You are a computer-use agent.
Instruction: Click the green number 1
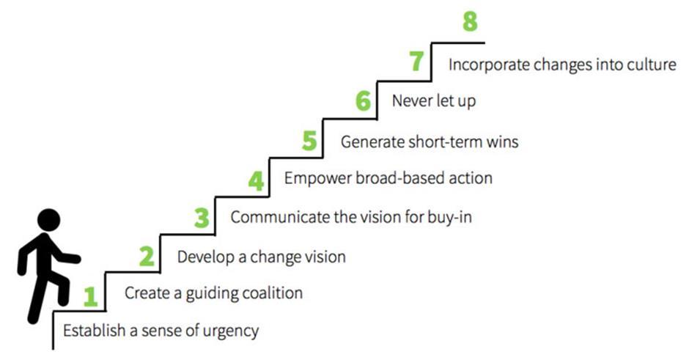(91, 296)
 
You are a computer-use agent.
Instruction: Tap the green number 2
(147, 257)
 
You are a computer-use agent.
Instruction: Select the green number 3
(202, 218)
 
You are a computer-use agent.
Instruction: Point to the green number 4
(256, 180)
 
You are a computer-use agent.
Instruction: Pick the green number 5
(310, 141)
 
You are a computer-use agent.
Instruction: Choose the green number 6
(364, 101)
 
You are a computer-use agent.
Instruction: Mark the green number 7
(417, 62)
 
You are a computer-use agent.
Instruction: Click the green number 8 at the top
(471, 22)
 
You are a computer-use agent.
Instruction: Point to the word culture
(650, 65)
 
